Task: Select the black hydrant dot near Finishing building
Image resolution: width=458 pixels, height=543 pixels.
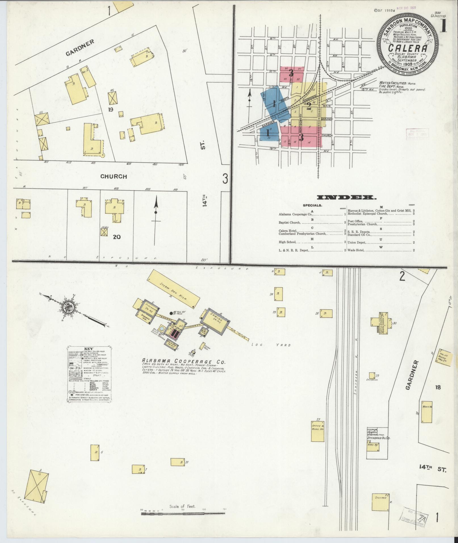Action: (x=171, y=313)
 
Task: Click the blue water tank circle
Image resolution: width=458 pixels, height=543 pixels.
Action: (x=162, y=328)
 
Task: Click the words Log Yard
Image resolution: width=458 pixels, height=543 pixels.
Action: (x=271, y=345)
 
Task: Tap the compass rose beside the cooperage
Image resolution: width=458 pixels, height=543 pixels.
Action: (x=69, y=306)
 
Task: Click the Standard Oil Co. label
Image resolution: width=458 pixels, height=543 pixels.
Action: (x=379, y=446)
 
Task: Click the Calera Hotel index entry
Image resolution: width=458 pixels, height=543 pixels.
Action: (x=288, y=230)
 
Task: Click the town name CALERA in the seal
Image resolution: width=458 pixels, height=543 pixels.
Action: (x=407, y=48)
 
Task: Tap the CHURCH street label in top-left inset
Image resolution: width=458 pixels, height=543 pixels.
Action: (x=114, y=176)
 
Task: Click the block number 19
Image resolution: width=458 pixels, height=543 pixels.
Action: (x=110, y=109)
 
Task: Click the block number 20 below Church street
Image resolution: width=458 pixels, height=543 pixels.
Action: (x=117, y=237)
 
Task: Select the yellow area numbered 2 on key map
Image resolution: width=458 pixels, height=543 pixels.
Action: (x=309, y=106)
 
